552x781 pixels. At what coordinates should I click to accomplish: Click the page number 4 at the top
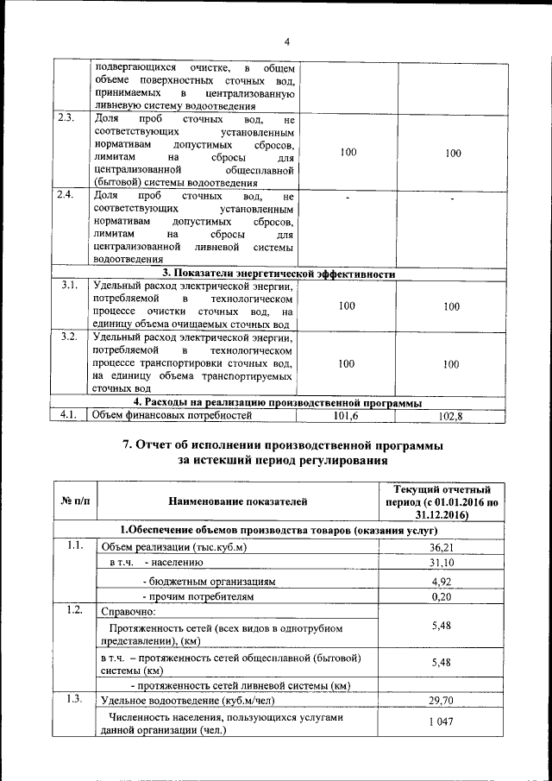click(288, 41)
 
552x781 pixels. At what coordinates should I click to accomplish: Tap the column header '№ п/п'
click(75, 501)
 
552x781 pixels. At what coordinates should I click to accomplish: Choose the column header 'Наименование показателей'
click(238, 501)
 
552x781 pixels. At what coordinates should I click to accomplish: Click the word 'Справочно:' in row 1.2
click(128, 613)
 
